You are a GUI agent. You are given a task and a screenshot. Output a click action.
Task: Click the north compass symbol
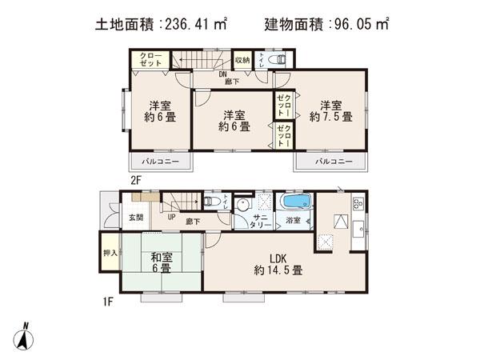point(25,335)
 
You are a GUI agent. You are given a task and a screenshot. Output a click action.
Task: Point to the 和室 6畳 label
point(161,263)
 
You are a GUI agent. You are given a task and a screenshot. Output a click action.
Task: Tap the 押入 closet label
point(110,254)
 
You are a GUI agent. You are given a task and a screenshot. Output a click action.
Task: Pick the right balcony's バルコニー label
point(332,162)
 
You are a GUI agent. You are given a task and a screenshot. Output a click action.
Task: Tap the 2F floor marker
point(135,181)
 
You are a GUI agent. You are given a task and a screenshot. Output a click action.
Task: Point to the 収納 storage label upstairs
point(242,60)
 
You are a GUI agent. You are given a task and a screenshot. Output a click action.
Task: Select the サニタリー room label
point(262,221)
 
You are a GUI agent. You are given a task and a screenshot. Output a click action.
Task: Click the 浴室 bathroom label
point(294,220)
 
